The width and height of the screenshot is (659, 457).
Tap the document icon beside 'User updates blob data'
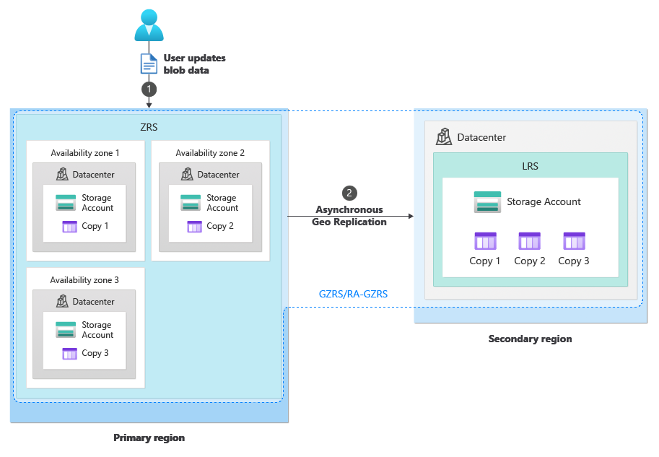[148, 64]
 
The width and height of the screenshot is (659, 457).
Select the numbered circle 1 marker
[149, 89]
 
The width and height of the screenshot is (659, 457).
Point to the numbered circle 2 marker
[349, 193]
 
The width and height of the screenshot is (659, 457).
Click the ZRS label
[149, 127]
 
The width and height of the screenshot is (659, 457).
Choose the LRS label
[530, 166]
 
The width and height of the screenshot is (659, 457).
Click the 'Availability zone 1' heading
[85, 153]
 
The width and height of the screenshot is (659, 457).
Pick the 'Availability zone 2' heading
[210, 153]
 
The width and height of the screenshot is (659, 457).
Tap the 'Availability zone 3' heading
[85, 280]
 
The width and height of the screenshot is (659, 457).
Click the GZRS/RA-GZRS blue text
[353, 294]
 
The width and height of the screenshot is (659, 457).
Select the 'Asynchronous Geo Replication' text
[349, 216]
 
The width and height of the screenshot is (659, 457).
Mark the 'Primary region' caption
[149, 438]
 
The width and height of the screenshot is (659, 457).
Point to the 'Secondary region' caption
[530, 339]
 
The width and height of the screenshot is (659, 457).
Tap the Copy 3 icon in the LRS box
[574, 241]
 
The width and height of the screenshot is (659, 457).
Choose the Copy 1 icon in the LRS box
[485, 241]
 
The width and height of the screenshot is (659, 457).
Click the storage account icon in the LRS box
[487, 202]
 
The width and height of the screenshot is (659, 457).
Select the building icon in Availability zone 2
[187, 174]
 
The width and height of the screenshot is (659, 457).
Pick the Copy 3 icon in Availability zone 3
[70, 354]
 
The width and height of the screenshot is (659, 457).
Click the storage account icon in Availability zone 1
[66, 203]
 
